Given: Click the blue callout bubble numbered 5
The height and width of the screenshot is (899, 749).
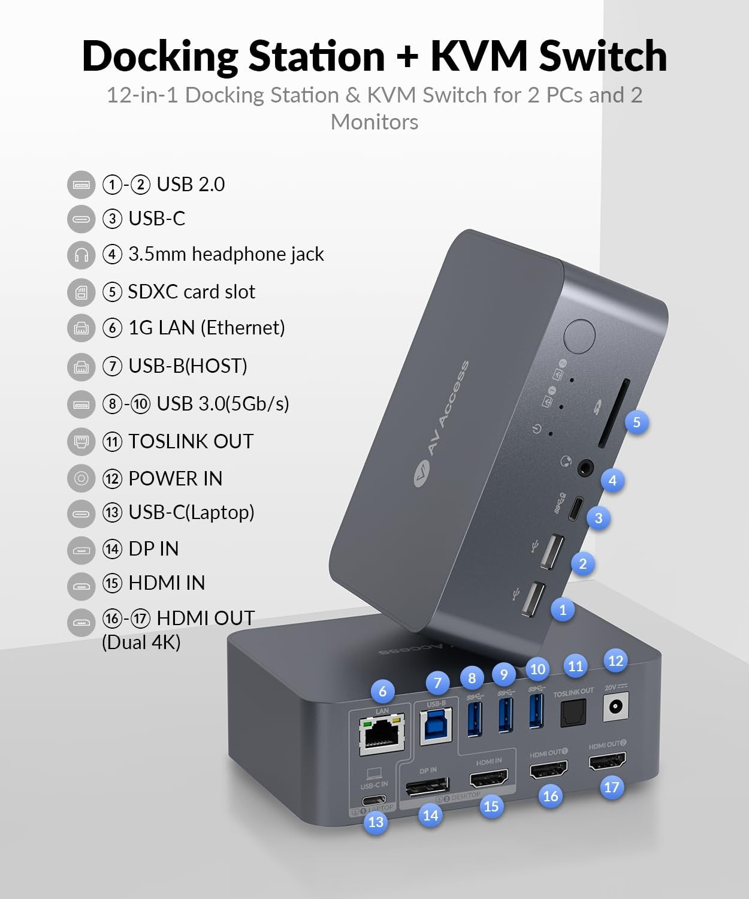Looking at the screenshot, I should pos(636,422).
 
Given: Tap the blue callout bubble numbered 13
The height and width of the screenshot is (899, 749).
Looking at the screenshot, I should pos(376,822).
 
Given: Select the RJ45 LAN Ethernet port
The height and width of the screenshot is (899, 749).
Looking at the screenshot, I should pos(381,735).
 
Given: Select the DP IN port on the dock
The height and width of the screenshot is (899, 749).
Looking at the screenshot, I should pos(427,786).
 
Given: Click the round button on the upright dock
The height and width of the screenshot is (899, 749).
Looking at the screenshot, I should pos(579,336).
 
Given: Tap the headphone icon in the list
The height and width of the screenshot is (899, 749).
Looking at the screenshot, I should pos(81,255).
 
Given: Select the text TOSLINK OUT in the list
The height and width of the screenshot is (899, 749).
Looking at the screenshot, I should pos(191,442).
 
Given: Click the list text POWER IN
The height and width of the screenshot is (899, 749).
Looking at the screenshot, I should pos(175,479).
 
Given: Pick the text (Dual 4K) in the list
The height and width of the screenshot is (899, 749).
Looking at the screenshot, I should pos(141,642).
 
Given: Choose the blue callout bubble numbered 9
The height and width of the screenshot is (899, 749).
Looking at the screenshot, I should pos(503,675).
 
